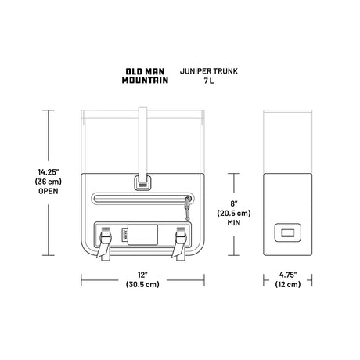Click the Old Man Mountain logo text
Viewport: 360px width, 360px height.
(x=145, y=76)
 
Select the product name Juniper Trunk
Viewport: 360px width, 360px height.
(x=209, y=71)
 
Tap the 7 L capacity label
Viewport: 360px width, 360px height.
(x=209, y=81)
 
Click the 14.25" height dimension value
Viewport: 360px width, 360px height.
(x=49, y=172)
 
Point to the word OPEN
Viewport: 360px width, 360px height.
(x=49, y=191)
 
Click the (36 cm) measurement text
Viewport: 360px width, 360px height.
(x=49, y=182)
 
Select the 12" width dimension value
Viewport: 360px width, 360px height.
(x=142, y=275)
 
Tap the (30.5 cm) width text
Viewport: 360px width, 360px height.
(x=142, y=284)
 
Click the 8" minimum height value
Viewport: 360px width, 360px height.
(x=234, y=203)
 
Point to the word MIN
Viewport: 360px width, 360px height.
(x=234, y=223)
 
